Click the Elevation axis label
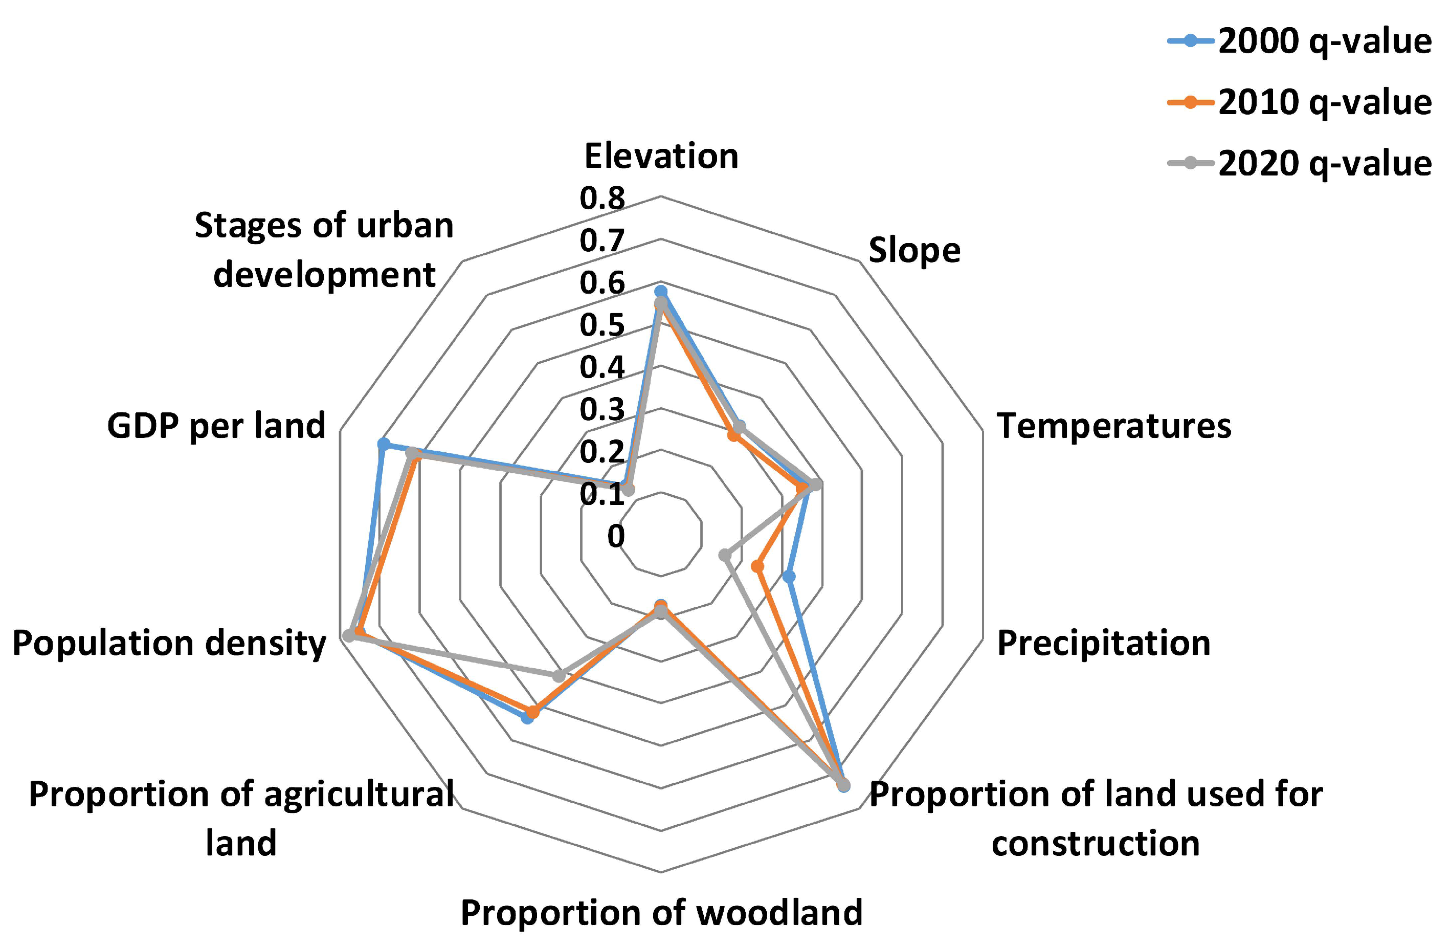661,156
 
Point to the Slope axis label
914,250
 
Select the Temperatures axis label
1114,425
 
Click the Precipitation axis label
1104,643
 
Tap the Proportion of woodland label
661,912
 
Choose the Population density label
169,643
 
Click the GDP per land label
216,425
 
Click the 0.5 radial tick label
602,325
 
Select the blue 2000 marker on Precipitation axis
789,576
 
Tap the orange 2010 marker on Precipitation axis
757,566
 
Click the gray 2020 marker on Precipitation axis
724,555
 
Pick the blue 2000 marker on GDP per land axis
383,444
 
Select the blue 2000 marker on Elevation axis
660,291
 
